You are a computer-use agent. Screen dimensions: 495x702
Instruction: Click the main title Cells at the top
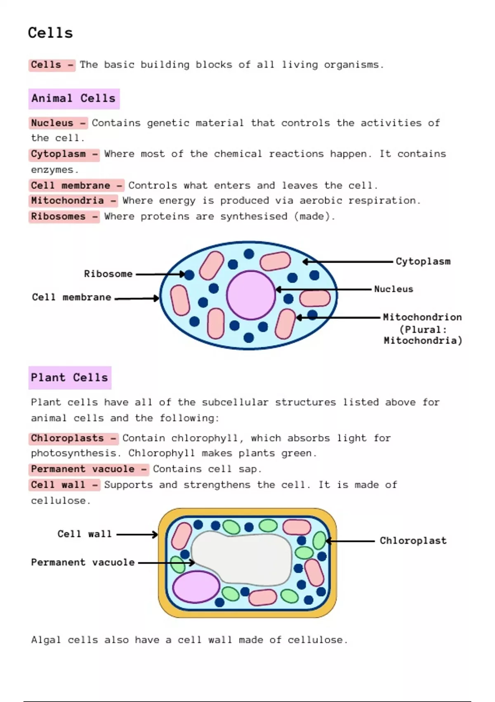[x=50, y=33]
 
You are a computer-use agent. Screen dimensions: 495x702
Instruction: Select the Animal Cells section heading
[x=73, y=98]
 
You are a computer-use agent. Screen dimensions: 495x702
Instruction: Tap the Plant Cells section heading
[x=70, y=377]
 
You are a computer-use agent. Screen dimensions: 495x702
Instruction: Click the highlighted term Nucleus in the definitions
[x=52, y=123]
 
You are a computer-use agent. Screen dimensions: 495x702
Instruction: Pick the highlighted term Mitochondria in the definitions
[x=67, y=201]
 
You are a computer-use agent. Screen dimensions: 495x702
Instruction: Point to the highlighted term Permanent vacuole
[x=82, y=469]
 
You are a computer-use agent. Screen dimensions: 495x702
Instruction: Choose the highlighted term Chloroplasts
[x=67, y=438]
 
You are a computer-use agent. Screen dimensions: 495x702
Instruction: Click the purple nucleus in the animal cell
[x=251, y=295]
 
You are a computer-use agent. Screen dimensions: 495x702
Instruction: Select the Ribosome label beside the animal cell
[x=108, y=274]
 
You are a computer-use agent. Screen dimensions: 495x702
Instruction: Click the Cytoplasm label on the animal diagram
[x=423, y=261]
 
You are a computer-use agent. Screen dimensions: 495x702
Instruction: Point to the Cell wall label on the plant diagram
[x=85, y=534]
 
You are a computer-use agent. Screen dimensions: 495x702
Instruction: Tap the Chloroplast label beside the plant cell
[x=413, y=541]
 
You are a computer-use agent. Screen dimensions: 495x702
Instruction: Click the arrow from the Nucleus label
[x=323, y=289]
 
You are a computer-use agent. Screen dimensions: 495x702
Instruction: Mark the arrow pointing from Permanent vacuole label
[x=166, y=563]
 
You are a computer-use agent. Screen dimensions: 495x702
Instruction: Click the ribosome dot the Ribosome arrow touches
[x=189, y=275]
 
